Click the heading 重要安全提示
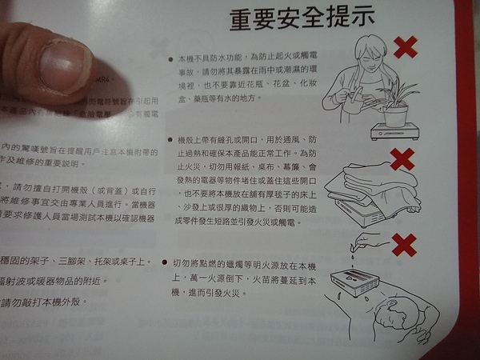[302, 19]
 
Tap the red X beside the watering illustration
[406, 47]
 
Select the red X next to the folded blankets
[402, 158]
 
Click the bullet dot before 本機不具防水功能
[171, 58]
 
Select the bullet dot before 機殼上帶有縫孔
[171, 139]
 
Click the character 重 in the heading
[242, 19]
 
